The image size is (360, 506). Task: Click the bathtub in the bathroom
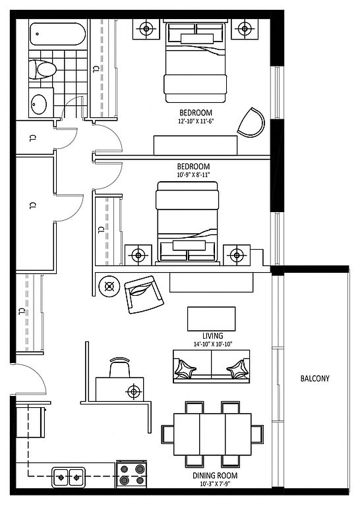[x=58, y=34]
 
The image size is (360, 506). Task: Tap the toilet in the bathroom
[x=42, y=69]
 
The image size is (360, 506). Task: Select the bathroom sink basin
[x=39, y=104]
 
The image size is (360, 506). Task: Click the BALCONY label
[x=315, y=378]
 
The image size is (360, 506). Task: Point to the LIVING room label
[x=213, y=335]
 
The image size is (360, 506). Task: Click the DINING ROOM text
[x=215, y=475]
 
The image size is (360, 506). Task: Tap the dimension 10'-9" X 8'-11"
[x=193, y=175]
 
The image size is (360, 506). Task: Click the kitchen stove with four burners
[x=131, y=474]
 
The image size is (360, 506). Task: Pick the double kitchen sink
[x=69, y=477]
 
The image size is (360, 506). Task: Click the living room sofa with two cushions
[x=212, y=366]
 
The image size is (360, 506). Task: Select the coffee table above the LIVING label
[x=212, y=319]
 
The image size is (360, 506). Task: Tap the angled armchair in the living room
[x=144, y=295]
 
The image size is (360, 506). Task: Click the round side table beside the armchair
[x=110, y=286]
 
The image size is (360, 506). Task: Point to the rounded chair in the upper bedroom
[x=251, y=123]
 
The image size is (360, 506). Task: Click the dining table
[x=212, y=434]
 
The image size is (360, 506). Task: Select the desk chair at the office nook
[x=120, y=367]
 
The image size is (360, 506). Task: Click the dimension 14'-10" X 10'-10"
[x=213, y=345]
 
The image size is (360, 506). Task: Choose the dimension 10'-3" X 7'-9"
[x=215, y=484]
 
